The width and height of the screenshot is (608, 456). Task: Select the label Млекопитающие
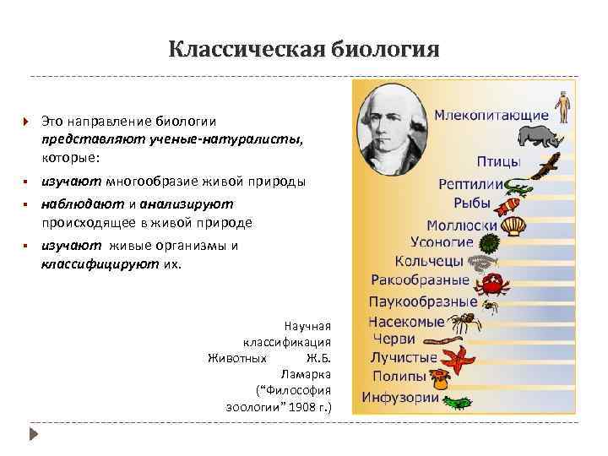[x=491, y=114]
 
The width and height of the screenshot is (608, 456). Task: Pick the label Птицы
[x=499, y=161]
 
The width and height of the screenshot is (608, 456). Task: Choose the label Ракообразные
[x=420, y=280]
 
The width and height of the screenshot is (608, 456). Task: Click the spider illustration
[x=464, y=322]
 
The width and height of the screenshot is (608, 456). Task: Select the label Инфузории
[x=400, y=397]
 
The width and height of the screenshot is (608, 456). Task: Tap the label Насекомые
[x=406, y=322]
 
